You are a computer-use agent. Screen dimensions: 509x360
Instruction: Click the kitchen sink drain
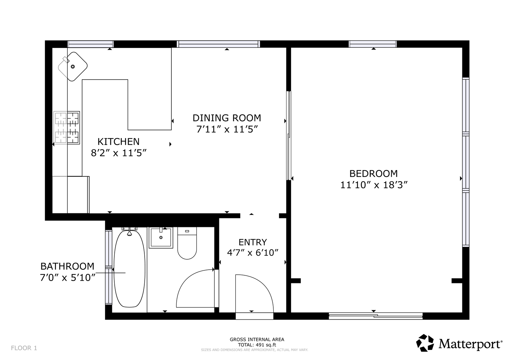pos(73,67)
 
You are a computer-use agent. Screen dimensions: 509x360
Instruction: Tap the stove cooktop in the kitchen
pos(67,127)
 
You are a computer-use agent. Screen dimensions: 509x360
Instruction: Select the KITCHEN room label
pos(118,142)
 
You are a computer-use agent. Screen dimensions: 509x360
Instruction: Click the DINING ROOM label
pos(227,118)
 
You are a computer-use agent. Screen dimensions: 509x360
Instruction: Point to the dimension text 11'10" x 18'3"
pos(374,185)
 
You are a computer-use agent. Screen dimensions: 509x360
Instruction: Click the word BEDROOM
pos(374,174)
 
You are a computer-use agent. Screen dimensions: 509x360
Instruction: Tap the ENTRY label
pos(253,242)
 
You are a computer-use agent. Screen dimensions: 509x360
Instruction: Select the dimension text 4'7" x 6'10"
pos(253,253)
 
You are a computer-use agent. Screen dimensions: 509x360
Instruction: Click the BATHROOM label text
pos(67,266)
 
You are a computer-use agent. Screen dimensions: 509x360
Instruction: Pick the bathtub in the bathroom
pos(129,269)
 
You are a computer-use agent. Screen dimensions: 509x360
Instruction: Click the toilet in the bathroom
pos(187,243)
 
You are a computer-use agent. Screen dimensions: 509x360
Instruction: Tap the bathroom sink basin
pos(161,237)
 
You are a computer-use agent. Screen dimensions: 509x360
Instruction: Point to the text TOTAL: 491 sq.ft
pos(257,345)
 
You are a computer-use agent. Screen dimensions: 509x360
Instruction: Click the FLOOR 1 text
pos(24,348)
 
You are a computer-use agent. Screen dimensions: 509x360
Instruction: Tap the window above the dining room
pos(218,44)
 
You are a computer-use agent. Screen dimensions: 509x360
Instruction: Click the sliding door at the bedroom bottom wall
pos(376,316)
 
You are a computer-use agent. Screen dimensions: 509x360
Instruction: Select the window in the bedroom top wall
pos(373,44)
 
